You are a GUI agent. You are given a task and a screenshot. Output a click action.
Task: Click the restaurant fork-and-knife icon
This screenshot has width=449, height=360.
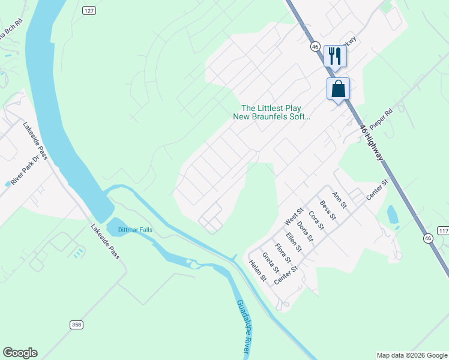coord(335,56)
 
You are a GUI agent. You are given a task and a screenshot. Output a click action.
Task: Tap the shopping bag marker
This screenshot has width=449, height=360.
coord(338,89)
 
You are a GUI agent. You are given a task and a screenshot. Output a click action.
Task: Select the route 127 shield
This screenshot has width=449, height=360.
coord(89,11)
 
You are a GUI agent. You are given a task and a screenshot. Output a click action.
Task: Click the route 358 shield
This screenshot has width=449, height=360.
coord(76,325)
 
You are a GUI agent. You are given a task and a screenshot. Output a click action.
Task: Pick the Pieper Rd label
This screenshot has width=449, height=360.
coord(380,120)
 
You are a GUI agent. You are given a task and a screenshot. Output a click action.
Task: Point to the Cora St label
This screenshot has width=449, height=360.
coord(316,221)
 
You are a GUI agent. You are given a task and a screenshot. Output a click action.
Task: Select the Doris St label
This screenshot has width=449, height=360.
coord(305,231)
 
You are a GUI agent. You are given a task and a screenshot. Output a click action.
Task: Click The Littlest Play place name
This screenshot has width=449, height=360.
coord(271,107)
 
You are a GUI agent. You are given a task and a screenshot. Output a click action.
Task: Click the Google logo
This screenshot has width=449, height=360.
coord(20,353)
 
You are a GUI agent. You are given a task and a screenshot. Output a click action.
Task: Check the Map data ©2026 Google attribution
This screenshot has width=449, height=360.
coord(412,355)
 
